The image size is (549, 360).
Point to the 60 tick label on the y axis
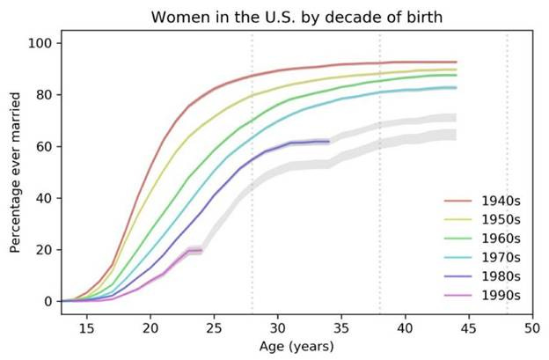coord(42,146)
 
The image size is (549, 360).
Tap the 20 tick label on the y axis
coord(42,249)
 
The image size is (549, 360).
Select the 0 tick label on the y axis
coord(46,301)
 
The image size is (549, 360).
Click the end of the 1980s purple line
coord(328,141)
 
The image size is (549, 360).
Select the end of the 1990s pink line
coord(201,251)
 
